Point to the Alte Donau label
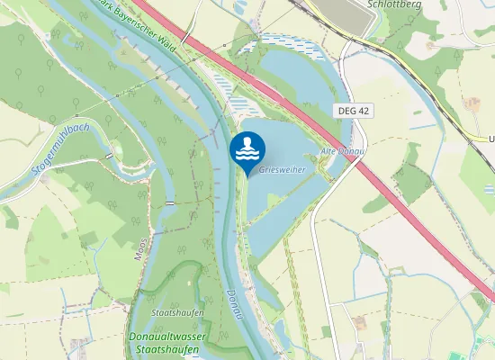[342, 151]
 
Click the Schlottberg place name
[394, 4]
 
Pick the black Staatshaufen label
[178, 312]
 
